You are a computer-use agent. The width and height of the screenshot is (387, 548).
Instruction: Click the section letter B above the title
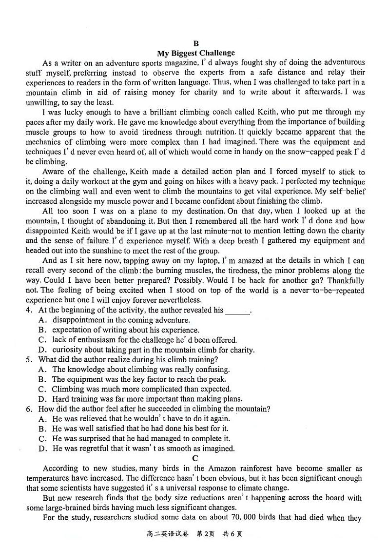(196, 43)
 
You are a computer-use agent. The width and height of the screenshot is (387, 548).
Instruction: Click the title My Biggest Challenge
(195, 53)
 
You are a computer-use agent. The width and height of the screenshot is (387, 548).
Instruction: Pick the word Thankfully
(346, 280)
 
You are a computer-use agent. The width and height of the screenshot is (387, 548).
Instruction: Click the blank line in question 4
(237, 311)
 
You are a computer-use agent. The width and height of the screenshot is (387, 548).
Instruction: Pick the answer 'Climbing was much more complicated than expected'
(141, 389)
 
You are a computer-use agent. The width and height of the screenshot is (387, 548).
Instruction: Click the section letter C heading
(195, 458)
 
